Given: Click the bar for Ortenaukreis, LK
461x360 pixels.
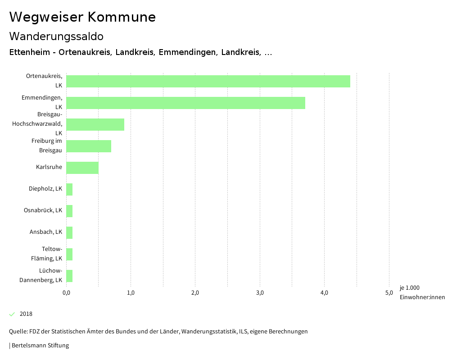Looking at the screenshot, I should tap(208, 81).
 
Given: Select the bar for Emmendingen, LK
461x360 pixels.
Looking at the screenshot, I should tap(185, 103).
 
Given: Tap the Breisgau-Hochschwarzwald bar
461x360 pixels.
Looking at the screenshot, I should tap(95, 124).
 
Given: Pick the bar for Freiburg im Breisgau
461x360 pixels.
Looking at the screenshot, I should tap(89, 146).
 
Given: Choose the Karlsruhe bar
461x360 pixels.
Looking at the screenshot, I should tap(82, 168).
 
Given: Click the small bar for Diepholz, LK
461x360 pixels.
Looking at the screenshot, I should tap(69, 189).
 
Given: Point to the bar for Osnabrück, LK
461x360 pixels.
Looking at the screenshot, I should tap(69, 211).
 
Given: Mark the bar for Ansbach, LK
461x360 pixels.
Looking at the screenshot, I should tap(69, 232).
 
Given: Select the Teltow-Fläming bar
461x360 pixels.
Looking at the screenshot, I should tap(69, 254).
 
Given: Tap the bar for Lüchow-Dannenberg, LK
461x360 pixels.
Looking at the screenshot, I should tap(69, 276).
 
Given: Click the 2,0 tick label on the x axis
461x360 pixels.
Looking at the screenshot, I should tap(195, 293).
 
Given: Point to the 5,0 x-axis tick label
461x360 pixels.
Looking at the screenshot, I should tap(389, 293).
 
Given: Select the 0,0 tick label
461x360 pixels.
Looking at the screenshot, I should tap(66, 293).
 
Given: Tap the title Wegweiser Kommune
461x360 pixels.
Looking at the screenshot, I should tap(82, 17).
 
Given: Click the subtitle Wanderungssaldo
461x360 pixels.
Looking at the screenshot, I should tap(56, 36).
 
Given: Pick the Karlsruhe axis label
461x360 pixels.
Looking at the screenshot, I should tap(49, 167).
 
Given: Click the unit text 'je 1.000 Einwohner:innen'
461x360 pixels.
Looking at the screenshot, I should tap(422, 292).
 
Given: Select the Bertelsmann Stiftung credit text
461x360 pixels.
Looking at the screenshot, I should tap(40, 346).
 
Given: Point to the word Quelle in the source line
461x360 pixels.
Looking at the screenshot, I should tap(18, 332).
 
